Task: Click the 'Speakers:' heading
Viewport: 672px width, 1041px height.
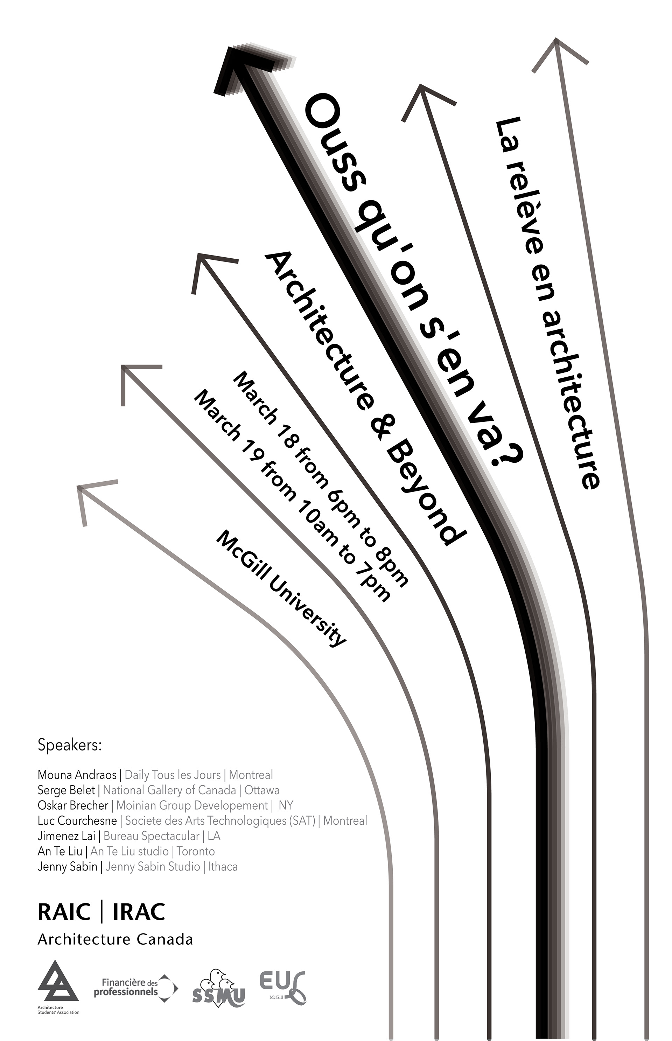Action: coord(70,745)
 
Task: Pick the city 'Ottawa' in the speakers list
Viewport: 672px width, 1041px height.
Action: coord(262,790)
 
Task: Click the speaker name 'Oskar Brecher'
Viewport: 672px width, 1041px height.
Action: coord(73,805)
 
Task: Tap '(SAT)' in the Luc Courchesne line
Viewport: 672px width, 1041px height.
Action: coord(302,821)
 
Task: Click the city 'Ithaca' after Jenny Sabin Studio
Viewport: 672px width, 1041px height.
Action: coord(223,866)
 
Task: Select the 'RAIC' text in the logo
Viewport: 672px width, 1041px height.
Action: coord(64,912)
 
